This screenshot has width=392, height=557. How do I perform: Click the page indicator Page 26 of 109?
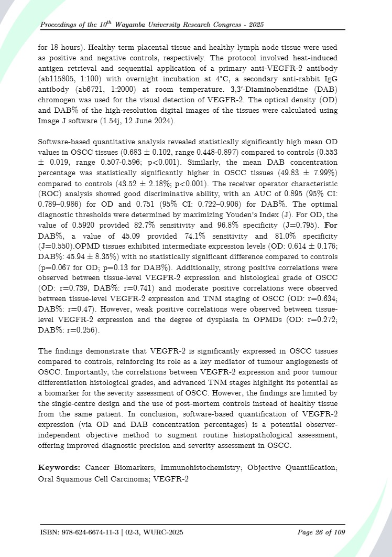tap(321, 533)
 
